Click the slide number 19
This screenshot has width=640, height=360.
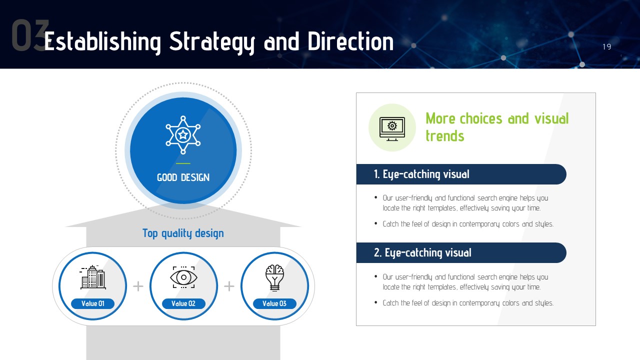607,46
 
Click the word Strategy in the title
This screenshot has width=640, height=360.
212,42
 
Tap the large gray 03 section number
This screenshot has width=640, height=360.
30,35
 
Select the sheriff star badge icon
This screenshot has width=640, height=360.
183,135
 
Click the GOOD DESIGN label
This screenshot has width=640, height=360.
183,177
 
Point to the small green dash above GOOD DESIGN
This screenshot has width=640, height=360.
183,163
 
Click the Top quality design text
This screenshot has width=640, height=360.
183,233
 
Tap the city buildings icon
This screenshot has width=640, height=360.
93,277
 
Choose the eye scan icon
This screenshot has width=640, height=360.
183,277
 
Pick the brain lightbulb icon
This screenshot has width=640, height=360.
274,277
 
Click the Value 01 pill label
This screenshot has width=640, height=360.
93,303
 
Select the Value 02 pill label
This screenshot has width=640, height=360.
183,303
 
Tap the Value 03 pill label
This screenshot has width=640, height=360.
274,303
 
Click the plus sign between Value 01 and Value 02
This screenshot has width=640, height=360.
138,286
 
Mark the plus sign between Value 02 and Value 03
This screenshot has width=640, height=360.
229,286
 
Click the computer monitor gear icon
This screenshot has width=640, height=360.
392,129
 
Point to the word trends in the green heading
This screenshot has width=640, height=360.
445,135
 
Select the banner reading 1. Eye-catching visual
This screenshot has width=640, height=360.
461,174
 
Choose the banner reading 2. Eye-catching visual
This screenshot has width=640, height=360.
461,253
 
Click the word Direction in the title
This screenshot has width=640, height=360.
350,41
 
